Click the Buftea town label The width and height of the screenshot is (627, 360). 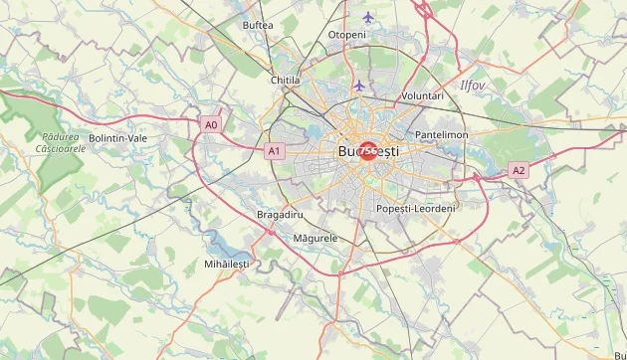coord(258,25)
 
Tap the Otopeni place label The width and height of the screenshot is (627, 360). coord(347,35)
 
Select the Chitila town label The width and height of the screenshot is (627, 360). coord(285,80)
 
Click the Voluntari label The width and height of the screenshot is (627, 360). coord(421,95)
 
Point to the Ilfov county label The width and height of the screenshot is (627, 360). coord(472,86)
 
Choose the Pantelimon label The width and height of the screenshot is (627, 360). coord(442,134)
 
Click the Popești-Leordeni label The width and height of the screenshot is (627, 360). coord(416,208)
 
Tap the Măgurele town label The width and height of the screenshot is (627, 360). coord(315,239)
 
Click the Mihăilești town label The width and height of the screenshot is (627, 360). coord(227,264)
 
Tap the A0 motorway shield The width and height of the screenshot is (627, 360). coord(210,125)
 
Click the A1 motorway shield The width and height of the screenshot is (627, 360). coord(275,151)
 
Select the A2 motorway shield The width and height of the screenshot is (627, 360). coord(519,171)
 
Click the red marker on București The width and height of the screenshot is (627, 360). coord(368,151)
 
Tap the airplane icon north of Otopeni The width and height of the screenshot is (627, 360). coord(369,17)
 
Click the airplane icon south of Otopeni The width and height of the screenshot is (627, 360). coord(358,86)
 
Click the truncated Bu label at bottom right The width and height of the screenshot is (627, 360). coord(620,355)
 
